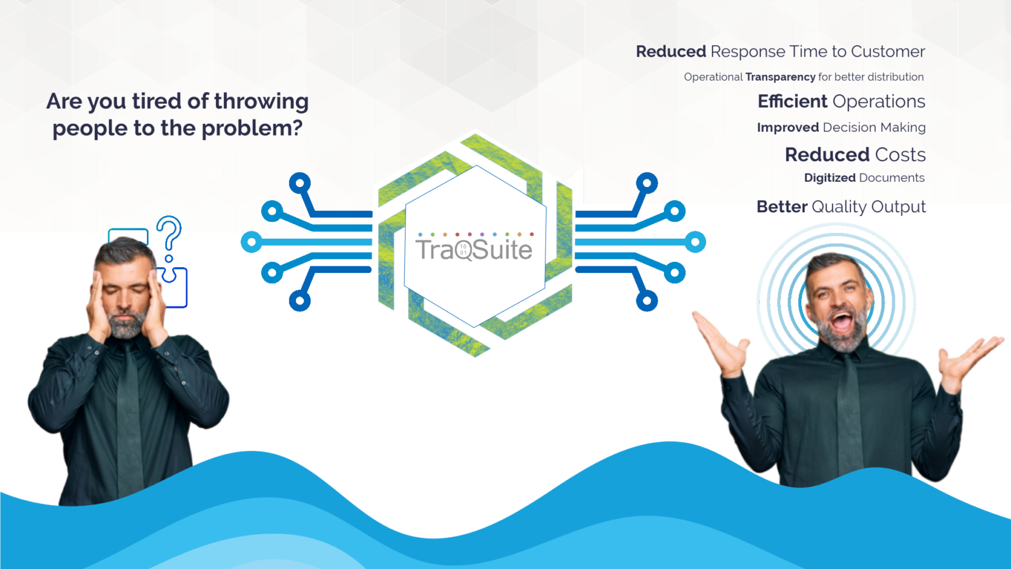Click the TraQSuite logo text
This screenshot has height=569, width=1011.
tap(474, 250)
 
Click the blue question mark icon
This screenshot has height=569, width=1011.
tap(169, 235)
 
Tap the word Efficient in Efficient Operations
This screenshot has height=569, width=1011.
tap(792, 101)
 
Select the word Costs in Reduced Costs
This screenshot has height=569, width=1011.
tap(900, 155)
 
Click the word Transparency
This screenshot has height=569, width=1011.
tap(780, 77)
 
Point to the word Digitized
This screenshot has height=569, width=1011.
tap(829, 178)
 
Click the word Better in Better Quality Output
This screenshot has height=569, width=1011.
tap(781, 206)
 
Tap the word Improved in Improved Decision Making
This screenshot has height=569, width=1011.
tap(787, 128)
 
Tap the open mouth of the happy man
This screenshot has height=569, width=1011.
tap(841, 320)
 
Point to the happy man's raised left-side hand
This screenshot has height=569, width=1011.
tap(720, 342)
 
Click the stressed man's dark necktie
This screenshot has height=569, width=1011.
tap(130, 413)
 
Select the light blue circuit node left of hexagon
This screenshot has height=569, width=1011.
tap(251, 243)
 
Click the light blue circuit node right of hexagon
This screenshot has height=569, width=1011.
tap(695, 243)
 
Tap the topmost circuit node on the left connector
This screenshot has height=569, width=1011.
tap(300, 183)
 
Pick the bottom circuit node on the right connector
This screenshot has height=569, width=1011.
tap(646, 301)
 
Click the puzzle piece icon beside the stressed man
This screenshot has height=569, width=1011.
tap(174, 284)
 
